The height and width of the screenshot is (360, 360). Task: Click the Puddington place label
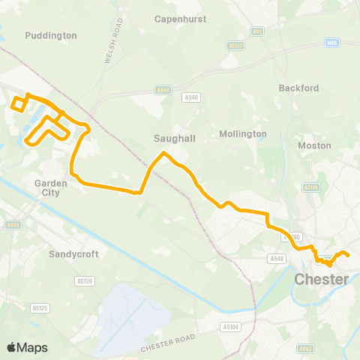pyautogui.click(x=51, y=35)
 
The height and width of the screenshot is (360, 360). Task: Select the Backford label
pyautogui.click(x=298, y=88)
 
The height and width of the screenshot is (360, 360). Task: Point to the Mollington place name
pyautogui.click(x=243, y=133)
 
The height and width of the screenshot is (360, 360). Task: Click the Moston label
pyautogui.click(x=309, y=145)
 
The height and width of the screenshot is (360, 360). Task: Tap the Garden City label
pyautogui.click(x=51, y=187)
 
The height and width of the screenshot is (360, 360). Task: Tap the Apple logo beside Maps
pyautogui.click(x=12, y=347)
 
